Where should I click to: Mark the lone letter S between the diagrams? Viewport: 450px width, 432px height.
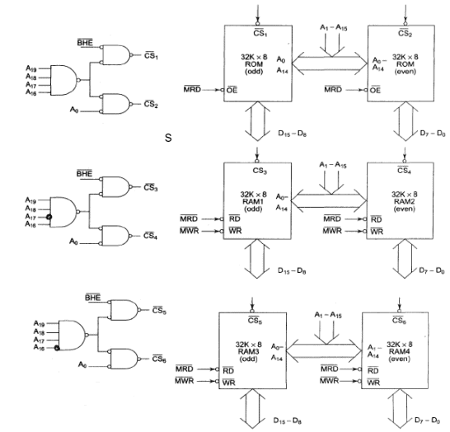168,136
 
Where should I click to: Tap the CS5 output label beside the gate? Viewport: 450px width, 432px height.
160,311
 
